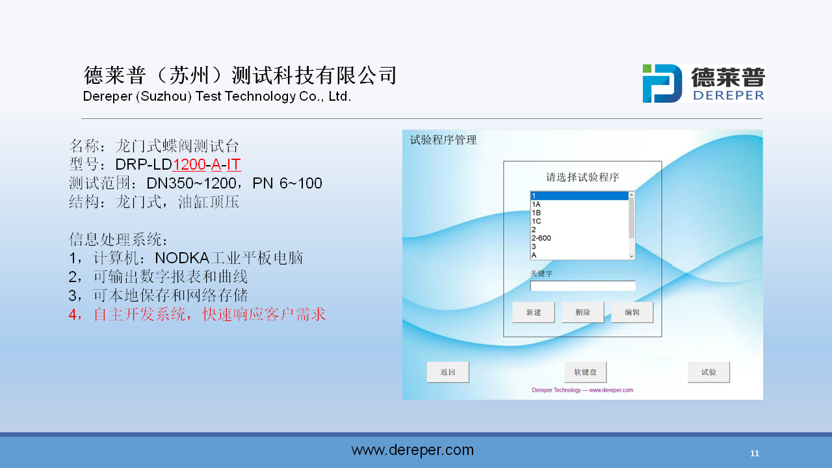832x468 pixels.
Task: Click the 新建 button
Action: [534, 313]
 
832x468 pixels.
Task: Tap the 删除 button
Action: [583, 313]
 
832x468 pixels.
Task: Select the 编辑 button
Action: [632, 313]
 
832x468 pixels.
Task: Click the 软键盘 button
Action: [586, 372]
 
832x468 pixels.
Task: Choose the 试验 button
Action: [708, 372]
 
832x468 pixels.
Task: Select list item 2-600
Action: [541, 238]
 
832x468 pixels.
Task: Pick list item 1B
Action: [536, 213]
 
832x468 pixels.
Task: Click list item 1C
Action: [536, 221]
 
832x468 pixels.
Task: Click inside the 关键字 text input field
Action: [582, 285]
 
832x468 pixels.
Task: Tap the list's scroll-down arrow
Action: [631, 256]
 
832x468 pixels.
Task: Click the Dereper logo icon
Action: [662, 84]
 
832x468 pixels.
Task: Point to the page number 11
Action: [755, 454]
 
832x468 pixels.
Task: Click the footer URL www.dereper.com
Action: [413, 450]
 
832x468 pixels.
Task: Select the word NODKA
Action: [182, 258]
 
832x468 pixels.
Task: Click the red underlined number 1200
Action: [189, 164]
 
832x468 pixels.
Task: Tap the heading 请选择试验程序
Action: [582, 177]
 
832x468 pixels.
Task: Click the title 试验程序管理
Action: [443, 140]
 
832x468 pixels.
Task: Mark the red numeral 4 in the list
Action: [72, 315]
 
